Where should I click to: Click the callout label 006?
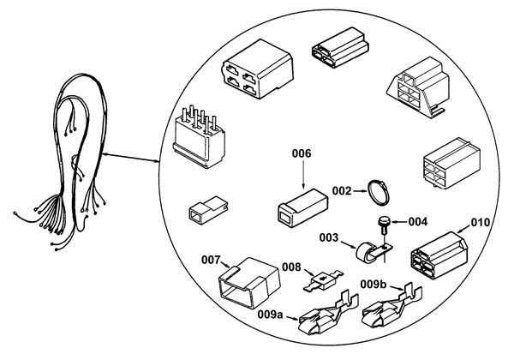tap(302, 153)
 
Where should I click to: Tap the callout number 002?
tap(342, 191)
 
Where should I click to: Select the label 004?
tap(418, 222)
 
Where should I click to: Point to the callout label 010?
tap(481, 223)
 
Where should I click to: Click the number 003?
tap(329, 237)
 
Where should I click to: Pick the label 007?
tap(211, 260)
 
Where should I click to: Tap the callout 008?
tap(291, 267)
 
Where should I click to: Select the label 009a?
tap(270, 315)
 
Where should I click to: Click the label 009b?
tap(374, 285)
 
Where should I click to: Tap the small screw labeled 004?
tap(383, 225)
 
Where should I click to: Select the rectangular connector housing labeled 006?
tap(303, 207)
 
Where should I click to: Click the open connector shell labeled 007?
tap(249, 283)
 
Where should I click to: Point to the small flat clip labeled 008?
tap(323, 280)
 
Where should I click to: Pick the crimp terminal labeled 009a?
tap(328, 313)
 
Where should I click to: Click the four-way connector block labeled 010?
tap(439, 255)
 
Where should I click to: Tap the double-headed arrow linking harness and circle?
tap(130, 158)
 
